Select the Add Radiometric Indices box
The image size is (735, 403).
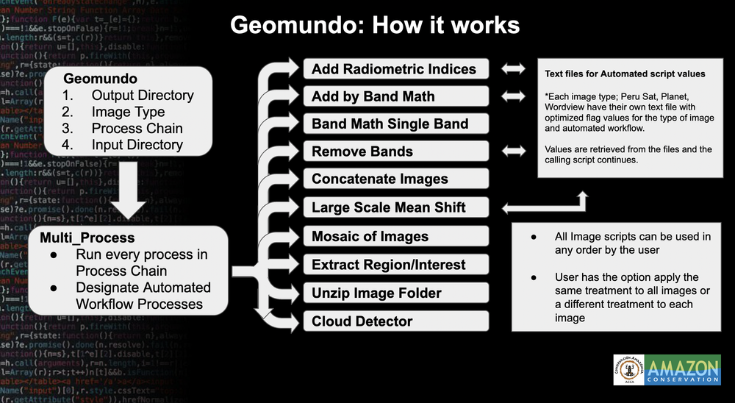pyautogui.click(x=396, y=69)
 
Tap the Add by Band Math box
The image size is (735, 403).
pyautogui.click(x=396, y=96)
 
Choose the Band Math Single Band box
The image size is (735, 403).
pyautogui.click(x=396, y=124)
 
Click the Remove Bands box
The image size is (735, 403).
pyautogui.click(x=396, y=151)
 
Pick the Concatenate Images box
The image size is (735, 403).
pyautogui.click(x=396, y=179)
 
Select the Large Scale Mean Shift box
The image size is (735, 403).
pyautogui.click(x=396, y=207)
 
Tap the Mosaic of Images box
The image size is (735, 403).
pyautogui.click(x=396, y=236)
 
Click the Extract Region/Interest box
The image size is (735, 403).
pyautogui.click(x=396, y=264)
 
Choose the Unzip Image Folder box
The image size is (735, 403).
pyautogui.click(x=396, y=293)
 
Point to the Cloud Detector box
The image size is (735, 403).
pyautogui.click(x=396, y=321)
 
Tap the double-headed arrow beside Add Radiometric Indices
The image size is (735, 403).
pyautogui.click(x=514, y=69)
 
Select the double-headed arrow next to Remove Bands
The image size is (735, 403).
pyautogui.click(x=514, y=151)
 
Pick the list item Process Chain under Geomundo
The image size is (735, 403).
pyautogui.click(x=137, y=129)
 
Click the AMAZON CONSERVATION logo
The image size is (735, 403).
pyautogui.click(x=682, y=369)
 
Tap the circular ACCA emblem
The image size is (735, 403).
pyautogui.click(x=628, y=369)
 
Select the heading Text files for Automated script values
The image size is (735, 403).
pyautogui.click(x=625, y=74)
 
